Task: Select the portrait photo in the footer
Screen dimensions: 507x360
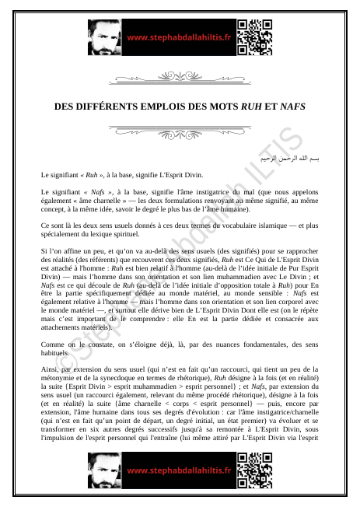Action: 104,470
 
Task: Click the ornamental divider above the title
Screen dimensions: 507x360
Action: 180,77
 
